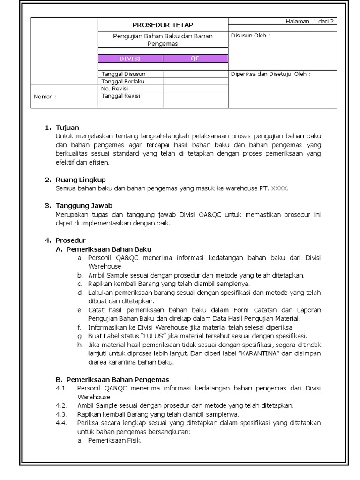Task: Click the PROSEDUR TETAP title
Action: pyautogui.click(x=163, y=25)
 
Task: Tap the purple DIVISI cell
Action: pyautogui.click(x=130, y=59)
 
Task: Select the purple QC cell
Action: pyautogui.click(x=195, y=59)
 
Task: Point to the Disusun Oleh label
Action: pyautogui.click(x=250, y=36)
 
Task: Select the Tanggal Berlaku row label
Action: pyautogui.click(x=123, y=81)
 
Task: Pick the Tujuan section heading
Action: pyautogui.click(x=67, y=127)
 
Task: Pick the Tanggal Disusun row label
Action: pyautogui.click(x=123, y=74)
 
